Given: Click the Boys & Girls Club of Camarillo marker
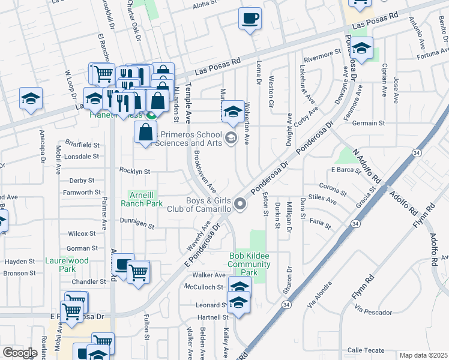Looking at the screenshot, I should [x=240, y=205].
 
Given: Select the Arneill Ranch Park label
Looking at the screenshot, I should [x=142, y=199].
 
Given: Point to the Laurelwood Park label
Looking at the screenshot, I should [x=67, y=265].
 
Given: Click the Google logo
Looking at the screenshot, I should [x=20, y=353].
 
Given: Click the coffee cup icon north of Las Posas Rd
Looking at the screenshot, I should [x=250, y=18].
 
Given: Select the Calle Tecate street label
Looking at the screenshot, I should [x=366, y=350].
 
